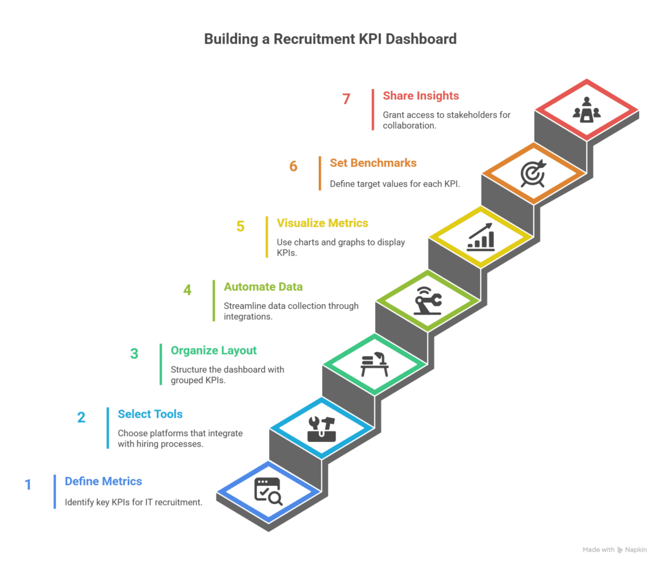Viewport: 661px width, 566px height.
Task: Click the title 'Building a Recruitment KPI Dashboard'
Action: click(330, 39)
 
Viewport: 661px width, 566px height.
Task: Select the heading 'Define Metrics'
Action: click(103, 481)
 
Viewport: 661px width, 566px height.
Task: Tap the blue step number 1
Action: click(28, 484)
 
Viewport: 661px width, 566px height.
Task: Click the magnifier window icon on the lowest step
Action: click(268, 490)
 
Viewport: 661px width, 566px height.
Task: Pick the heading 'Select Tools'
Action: click(150, 414)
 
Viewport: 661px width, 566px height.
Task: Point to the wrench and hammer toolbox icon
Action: click(321, 428)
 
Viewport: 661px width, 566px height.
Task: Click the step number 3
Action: click(134, 354)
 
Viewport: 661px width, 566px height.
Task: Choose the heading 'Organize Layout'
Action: click(214, 351)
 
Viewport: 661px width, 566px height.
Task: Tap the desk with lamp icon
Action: click(374, 365)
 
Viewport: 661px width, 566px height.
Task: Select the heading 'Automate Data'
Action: click(263, 287)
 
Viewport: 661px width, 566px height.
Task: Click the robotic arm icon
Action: click(427, 301)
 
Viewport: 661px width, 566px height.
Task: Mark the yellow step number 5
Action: click(240, 227)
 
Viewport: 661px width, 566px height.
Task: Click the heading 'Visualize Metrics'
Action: click(322, 223)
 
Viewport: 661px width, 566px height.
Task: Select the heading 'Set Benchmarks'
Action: click(373, 163)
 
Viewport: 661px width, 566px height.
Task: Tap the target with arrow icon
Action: click(533, 173)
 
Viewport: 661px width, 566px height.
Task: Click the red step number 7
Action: click(346, 99)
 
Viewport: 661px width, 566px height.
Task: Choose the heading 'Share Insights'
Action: click(420, 96)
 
